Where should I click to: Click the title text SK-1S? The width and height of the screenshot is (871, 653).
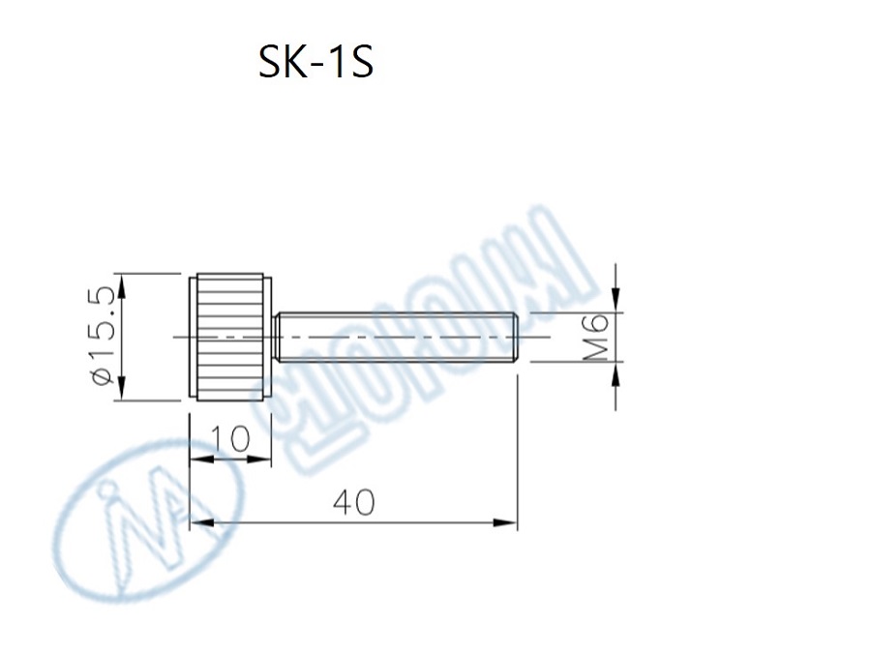(x=315, y=63)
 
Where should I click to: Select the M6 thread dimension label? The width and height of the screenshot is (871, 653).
(x=597, y=336)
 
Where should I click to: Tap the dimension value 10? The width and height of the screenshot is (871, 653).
(x=230, y=439)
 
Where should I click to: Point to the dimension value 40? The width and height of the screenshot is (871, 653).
(x=352, y=502)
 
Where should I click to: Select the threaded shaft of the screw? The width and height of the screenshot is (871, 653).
(x=397, y=336)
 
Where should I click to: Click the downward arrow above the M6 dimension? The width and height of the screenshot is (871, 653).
(x=616, y=300)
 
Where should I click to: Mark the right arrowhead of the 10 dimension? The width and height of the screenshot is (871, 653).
(x=260, y=460)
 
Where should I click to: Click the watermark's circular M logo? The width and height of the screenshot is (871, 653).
(x=145, y=522)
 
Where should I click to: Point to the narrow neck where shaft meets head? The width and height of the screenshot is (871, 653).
(x=275, y=336)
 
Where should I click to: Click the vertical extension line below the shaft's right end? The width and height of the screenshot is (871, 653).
(x=518, y=445)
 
